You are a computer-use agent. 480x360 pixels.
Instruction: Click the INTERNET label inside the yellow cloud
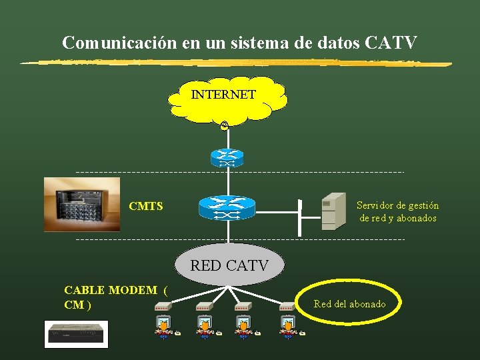click(x=223, y=95)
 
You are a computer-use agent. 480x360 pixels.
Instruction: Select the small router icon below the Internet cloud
click(x=227, y=158)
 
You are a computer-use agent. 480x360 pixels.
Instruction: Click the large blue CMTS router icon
click(x=227, y=207)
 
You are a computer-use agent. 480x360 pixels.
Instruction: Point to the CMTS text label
click(x=146, y=206)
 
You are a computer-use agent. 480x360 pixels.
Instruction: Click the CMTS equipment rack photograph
click(x=82, y=204)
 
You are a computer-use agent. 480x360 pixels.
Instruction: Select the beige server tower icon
click(x=333, y=211)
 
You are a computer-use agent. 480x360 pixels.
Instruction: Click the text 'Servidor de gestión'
click(x=397, y=205)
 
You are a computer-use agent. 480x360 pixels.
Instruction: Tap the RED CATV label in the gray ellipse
click(x=229, y=265)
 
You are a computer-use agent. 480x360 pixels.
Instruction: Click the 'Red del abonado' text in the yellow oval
click(x=349, y=304)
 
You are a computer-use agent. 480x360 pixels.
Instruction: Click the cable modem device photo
click(x=76, y=333)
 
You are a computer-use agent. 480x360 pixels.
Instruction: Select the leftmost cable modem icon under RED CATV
click(x=163, y=307)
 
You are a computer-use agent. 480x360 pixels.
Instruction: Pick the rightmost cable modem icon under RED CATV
click(x=287, y=307)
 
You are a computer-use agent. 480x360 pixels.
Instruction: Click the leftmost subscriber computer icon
click(x=163, y=327)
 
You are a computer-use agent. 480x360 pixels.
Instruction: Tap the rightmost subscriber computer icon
click(x=287, y=327)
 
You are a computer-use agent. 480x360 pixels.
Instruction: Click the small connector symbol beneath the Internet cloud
click(x=225, y=126)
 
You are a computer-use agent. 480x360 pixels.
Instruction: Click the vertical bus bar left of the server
click(x=301, y=217)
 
